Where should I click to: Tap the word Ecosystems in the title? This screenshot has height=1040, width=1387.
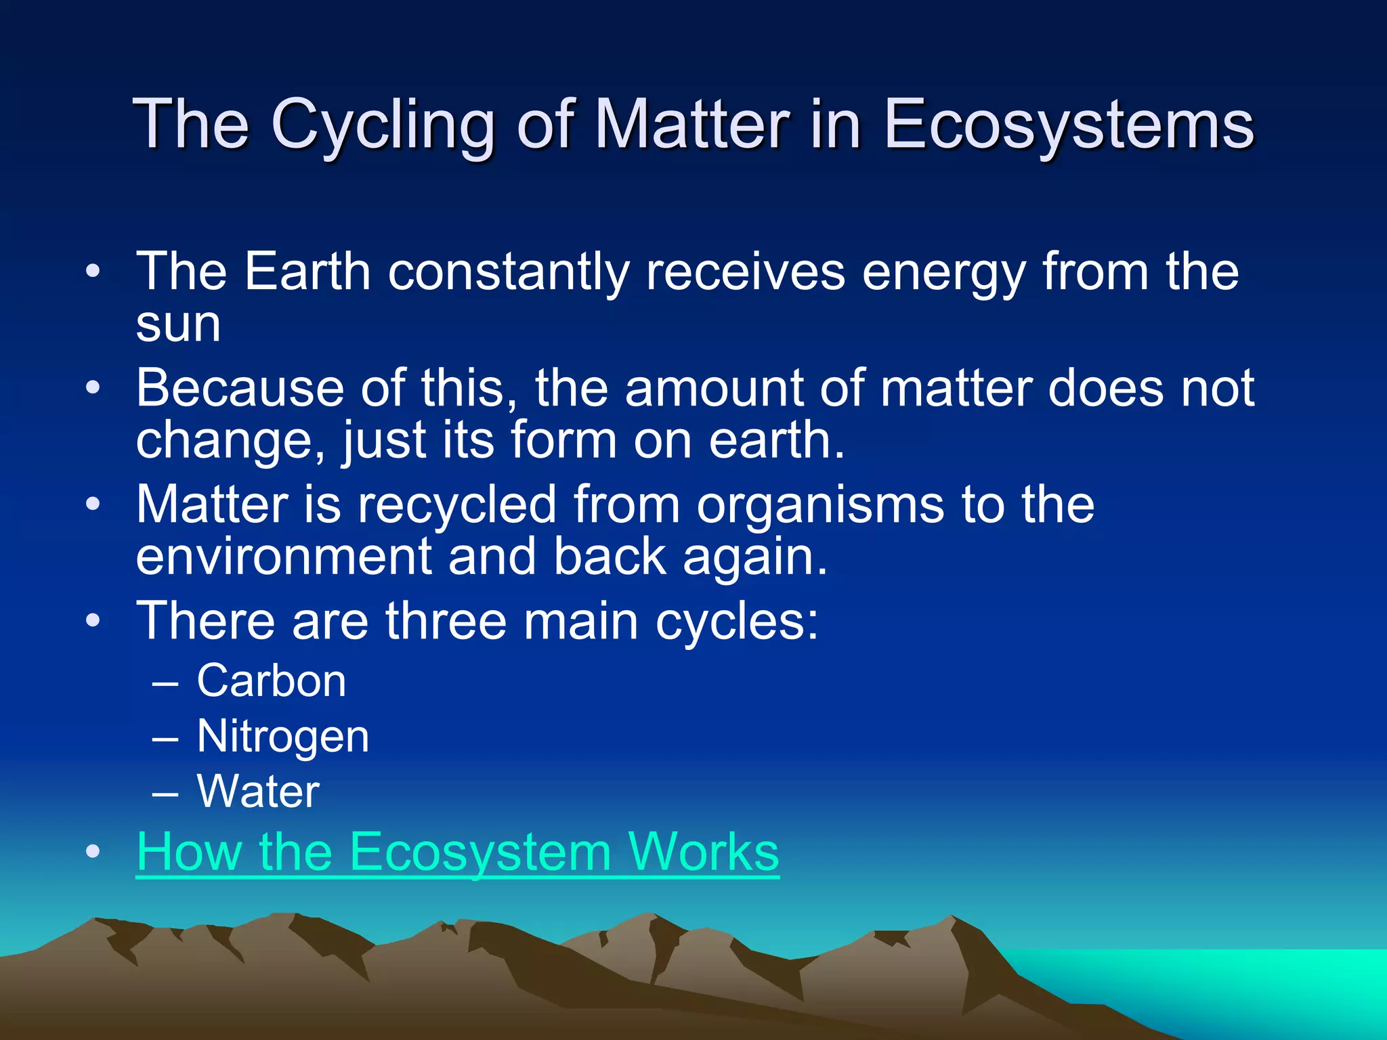(1069, 125)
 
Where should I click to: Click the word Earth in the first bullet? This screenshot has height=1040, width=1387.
(307, 272)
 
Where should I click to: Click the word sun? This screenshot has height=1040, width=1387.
(178, 324)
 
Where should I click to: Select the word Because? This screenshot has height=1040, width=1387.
(240, 388)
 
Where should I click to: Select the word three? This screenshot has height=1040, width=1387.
(446, 621)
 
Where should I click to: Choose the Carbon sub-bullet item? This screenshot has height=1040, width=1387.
(271, 680)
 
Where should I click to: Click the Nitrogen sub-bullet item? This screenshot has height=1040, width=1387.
(282, 737)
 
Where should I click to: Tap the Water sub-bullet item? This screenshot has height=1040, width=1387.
(257, 792)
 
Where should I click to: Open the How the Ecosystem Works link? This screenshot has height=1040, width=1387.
(457, 852)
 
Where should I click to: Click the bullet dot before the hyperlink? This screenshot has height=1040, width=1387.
(93, 852)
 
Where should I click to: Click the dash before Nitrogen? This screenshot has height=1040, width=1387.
(165, 738)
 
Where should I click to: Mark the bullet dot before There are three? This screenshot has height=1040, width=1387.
(93, 620)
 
